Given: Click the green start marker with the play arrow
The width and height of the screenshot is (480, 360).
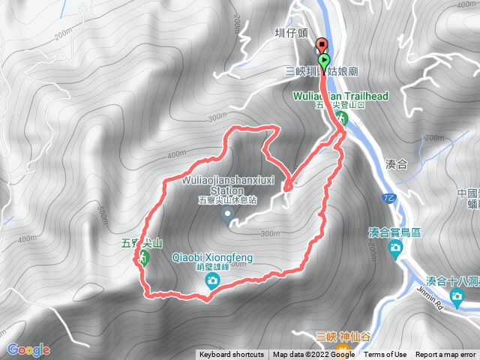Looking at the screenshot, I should point(324,60).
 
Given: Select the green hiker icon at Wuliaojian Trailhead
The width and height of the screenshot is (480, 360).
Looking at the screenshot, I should point(342,118).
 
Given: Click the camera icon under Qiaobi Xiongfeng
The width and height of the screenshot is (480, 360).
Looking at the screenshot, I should point(212,281).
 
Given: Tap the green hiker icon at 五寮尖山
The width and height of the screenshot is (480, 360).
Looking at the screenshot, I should point(142,258).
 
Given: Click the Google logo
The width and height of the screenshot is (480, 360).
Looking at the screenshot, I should point(28,349).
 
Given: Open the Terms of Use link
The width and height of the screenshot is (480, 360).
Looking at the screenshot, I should point(385,355).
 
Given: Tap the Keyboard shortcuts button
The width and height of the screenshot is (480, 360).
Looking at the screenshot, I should point(231,355).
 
